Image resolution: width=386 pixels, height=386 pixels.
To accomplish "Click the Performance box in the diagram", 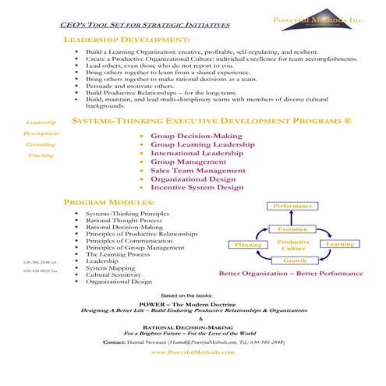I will coord(292,206).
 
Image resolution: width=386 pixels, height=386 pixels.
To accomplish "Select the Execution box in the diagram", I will coord(292,229).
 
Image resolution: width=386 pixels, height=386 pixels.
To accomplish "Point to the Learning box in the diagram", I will coord(339,244).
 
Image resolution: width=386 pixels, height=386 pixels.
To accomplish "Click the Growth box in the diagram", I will coord(293,260).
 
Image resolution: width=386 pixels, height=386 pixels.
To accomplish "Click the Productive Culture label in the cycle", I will coord(293,245).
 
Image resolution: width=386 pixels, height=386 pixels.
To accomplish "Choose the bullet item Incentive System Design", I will coord(197,187).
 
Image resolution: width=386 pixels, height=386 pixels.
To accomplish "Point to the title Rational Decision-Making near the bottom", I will coord(193,326).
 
